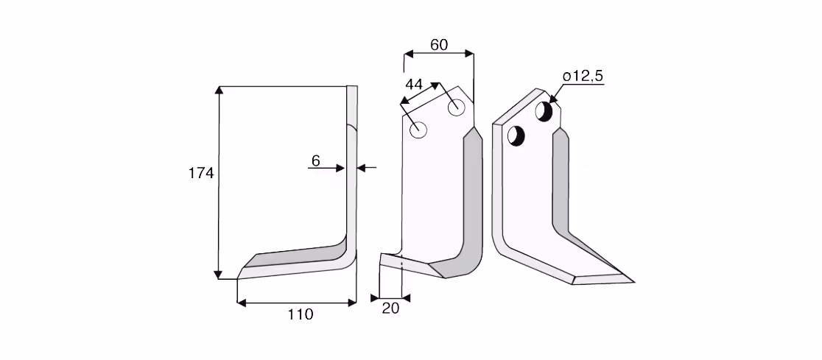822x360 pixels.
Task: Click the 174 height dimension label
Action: [x=201, y=173]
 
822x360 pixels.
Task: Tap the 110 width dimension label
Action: [x=301, y=314]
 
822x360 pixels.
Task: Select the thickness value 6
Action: [x=315, y=161]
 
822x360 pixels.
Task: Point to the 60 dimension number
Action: [x=439, y=45]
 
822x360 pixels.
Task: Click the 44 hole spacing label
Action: [x=414, y=85]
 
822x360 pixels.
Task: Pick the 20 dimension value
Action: [x=390, y=308]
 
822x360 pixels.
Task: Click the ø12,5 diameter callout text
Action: [x=583, y=77]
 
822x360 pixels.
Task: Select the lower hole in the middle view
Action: [x=418, y=129]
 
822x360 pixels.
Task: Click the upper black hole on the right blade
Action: [x=544, y=111]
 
